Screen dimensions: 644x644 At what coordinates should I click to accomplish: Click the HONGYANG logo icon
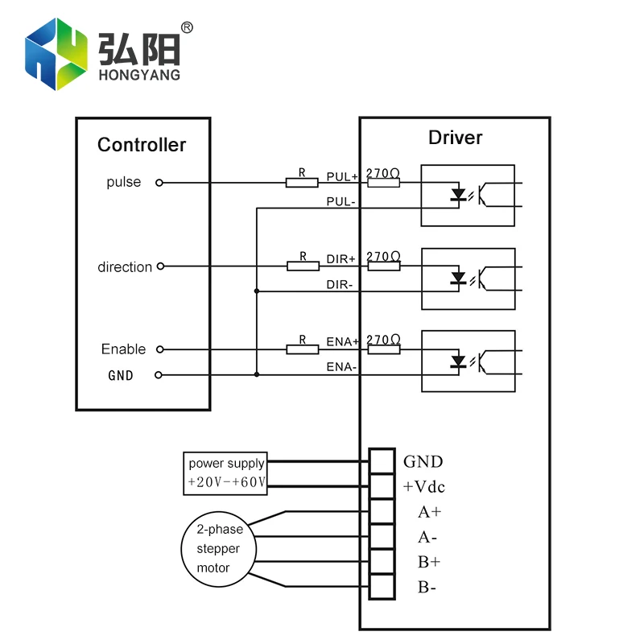54,55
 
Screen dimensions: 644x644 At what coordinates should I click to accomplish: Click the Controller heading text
142,145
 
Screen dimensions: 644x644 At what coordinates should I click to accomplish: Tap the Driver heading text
455,138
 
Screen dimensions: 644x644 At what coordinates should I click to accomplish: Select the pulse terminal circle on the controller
159,183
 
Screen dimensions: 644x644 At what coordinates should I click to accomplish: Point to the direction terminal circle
160,266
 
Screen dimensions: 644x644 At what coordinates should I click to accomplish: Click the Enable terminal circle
159,349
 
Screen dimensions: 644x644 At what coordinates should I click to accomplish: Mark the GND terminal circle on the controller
159,375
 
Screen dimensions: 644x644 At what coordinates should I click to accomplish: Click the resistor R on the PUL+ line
302,183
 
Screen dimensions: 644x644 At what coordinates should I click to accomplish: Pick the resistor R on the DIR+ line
303,266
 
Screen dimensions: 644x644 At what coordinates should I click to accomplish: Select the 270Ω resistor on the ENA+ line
383,349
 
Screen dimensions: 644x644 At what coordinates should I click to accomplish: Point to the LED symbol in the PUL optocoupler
459,195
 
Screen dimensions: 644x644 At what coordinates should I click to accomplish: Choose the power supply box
225,473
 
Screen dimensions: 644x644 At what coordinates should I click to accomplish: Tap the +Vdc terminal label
423,487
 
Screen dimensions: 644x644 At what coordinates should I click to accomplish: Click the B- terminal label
427,587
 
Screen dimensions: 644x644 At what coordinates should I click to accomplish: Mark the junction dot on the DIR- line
256,291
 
